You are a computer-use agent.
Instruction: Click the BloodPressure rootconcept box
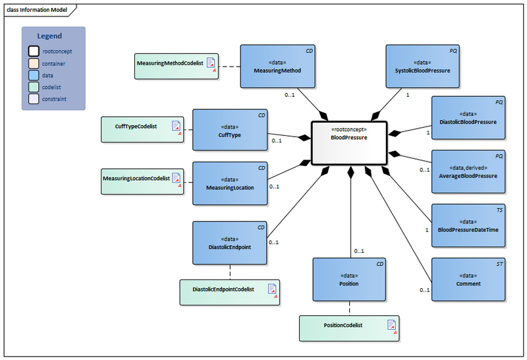[x=349, y=142]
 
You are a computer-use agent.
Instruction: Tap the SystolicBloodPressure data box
[x=422, y=66]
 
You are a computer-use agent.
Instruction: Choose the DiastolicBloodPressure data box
[x=468, y=117]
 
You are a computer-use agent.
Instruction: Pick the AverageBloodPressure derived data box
[x=468, y=171]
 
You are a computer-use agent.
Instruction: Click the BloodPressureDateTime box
[x=468, y=225]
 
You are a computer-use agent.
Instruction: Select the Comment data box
[x=468, y=279]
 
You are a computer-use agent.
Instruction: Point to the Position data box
[x=348, y=279]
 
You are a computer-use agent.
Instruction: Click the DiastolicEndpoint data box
[x=229, y=243]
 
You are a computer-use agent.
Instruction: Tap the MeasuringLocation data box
[x=229, y=183]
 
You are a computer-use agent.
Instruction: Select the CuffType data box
[x=229, y=131]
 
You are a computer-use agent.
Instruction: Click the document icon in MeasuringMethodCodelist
[x=211, y=63]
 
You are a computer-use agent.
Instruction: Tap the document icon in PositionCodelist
[x=391, y=325]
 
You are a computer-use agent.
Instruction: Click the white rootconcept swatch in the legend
[x=34, y=51]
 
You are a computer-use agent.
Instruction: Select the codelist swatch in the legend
[x=34, y=87]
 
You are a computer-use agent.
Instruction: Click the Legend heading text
[x=49, y=36]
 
